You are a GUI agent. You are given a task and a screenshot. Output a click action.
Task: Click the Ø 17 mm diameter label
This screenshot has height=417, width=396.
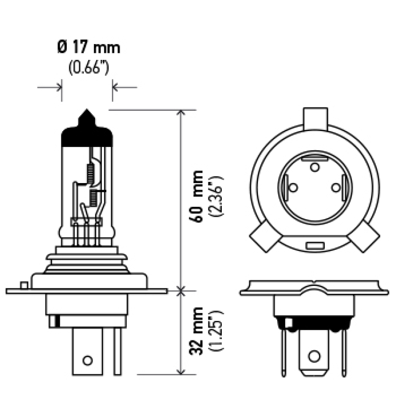pyautogui.click(x=89, y=48)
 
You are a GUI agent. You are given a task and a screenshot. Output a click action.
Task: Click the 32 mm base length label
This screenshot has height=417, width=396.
pyautogui.click(x=198, y=328)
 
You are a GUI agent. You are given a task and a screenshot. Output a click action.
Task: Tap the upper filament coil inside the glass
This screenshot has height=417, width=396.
pyautogui.click(x=90, y=173)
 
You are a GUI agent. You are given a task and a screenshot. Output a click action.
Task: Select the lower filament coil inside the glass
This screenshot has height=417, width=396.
pyautogui.click(x=93, y=198)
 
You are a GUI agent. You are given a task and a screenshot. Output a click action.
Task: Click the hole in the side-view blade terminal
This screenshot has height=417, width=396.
pyautogui.click(x=88, y=360)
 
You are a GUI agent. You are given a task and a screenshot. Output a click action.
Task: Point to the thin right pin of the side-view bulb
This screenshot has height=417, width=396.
pyautogui.click(x=117, y=351)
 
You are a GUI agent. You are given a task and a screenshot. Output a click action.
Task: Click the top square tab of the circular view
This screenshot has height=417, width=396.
pyautogui.click(x=315, y=118)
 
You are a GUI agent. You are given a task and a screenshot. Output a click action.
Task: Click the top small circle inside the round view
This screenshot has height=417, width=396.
pyautogui.click(x=315, y=167)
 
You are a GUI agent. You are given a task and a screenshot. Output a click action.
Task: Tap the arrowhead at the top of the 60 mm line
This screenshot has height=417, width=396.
pyautogui.click(x=181, y=113)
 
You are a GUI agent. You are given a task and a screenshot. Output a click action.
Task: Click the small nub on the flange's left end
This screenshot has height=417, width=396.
pyautogui.click(x=23, y=285)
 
